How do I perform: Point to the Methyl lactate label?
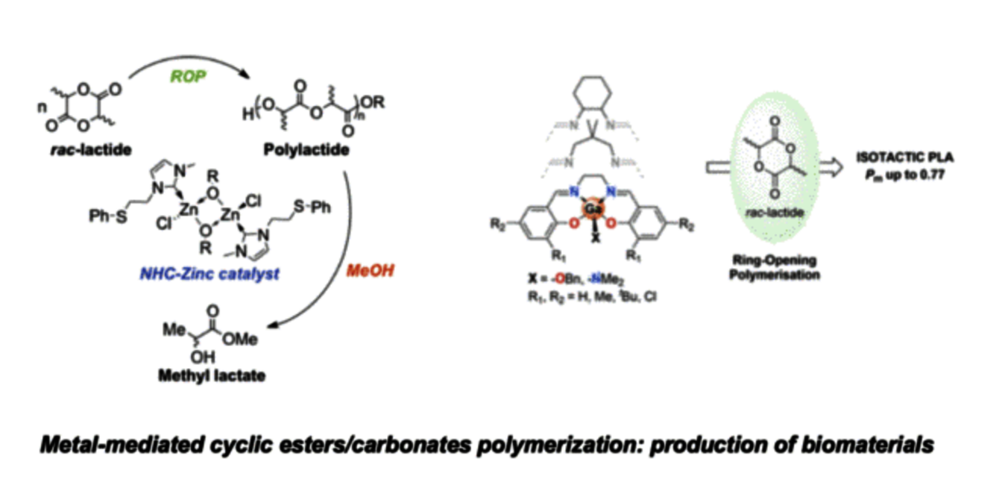pos(211,375)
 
